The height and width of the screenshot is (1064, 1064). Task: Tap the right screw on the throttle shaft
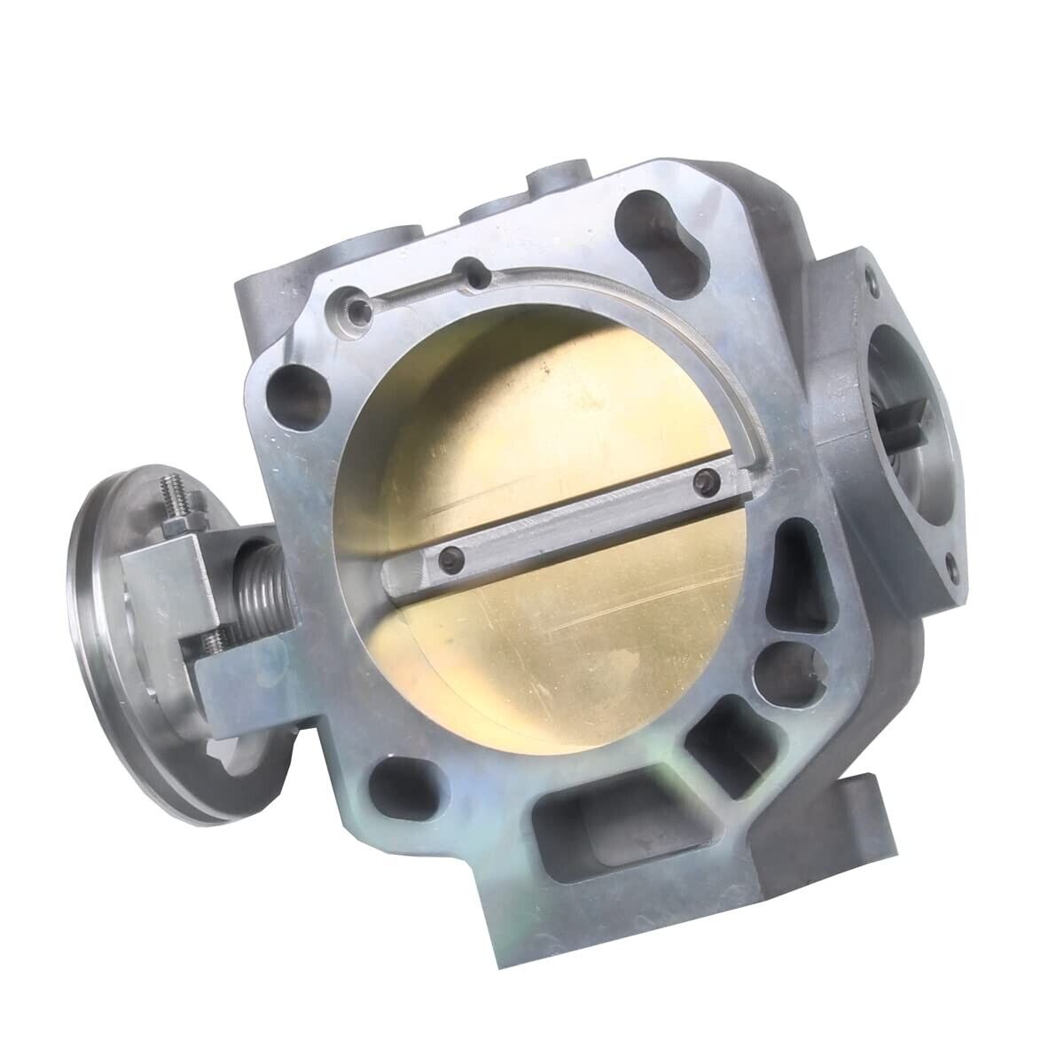point(706,480)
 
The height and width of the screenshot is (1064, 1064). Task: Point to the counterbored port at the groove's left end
point(360,310)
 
